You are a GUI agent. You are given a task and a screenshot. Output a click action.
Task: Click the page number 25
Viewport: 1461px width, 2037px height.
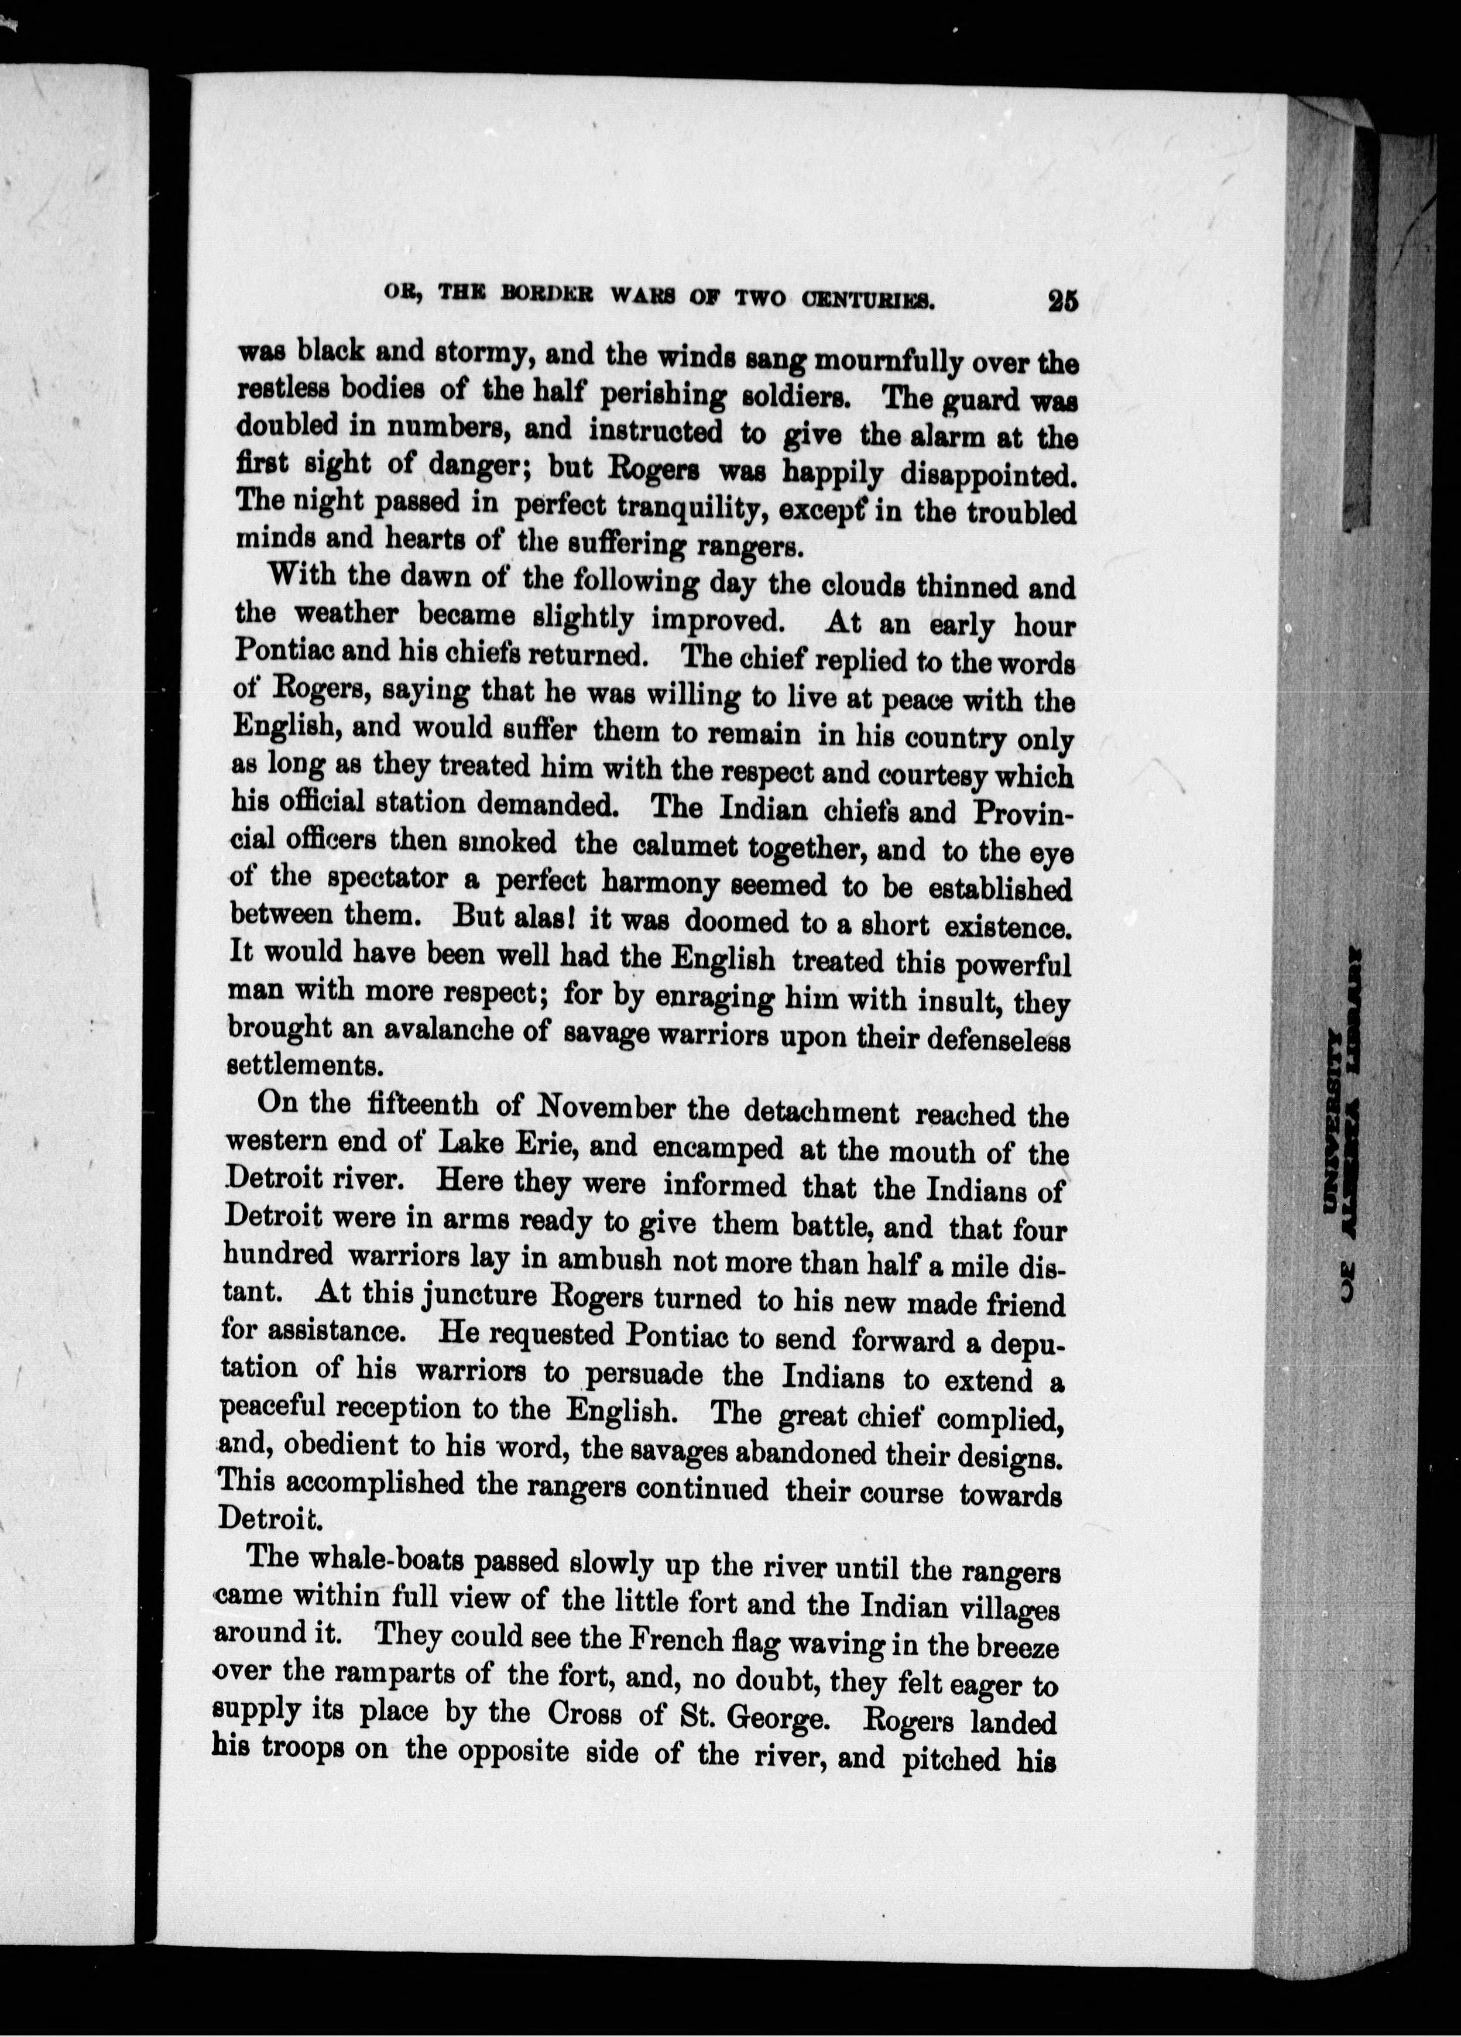click(x=1062, y=301)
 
